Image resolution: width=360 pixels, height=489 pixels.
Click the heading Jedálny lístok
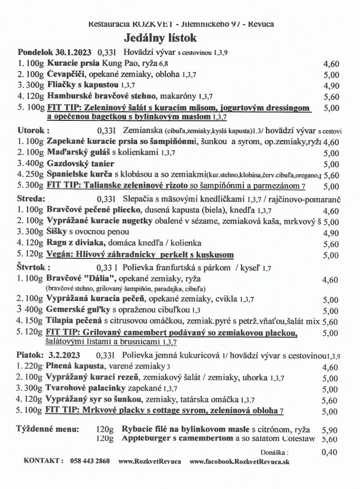[160, 38]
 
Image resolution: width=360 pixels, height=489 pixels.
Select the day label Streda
[31, 198]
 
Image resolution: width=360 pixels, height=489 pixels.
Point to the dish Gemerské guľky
[76, 311]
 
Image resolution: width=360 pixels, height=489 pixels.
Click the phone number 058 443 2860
[90, 462]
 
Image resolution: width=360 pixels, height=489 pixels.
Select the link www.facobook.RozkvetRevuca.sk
[239, 462]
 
